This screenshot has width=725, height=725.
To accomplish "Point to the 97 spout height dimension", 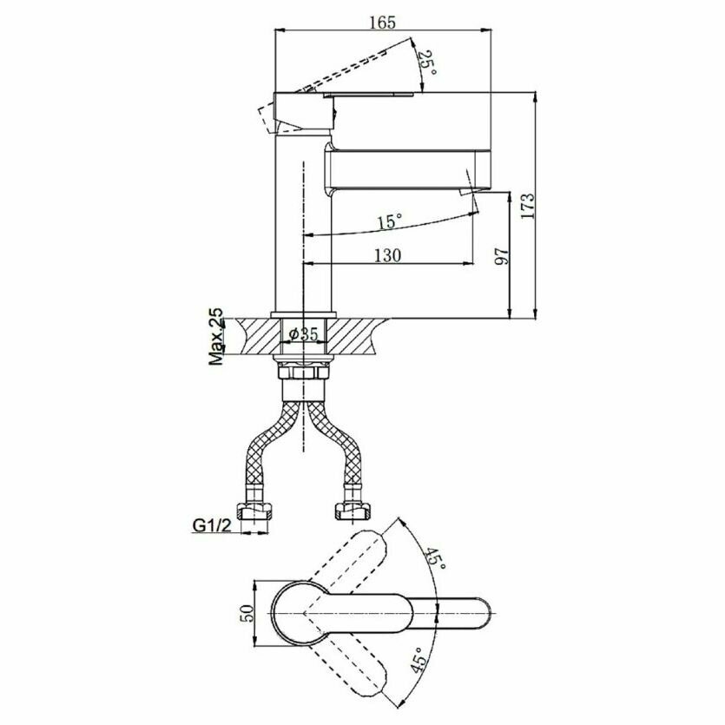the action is pyautogui.click(x=498, y=258).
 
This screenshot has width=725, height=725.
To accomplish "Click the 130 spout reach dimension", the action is pyautogui.click(x=387, y=254).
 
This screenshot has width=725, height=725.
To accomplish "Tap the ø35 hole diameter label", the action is pyautogui.click(x=303, y=334).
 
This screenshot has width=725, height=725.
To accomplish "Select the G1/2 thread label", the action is pyautogui.click(x=210, y=524).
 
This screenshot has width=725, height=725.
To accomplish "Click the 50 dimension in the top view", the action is pyautogui.click(x=246, y=613).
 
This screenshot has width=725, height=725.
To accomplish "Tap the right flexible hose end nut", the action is pyautogui.click(x=353, y=505).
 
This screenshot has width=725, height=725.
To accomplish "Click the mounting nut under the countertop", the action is pyautogui.click(x=303, y=371).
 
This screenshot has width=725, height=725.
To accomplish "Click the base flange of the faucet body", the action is pyautogui.click(x=303, y=313).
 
